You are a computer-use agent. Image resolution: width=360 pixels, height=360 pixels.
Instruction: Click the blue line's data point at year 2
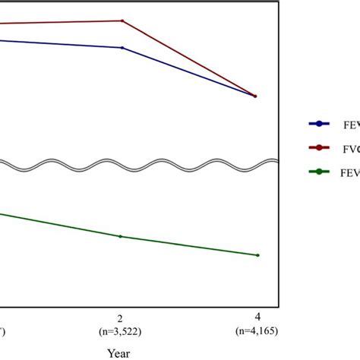point(122,48)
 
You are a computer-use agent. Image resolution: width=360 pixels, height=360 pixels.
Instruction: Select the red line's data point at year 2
point(122,21)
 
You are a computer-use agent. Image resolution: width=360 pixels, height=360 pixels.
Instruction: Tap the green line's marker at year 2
point(121,236)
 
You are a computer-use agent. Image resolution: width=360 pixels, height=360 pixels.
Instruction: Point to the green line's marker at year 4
point(258,255)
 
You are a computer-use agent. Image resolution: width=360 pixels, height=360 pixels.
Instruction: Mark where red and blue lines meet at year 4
point(255,96)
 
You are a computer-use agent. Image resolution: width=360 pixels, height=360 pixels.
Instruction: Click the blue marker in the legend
point(317,123)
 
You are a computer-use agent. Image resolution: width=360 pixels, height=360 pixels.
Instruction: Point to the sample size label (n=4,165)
point(258,331)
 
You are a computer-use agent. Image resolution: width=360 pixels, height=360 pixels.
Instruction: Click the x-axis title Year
point(118,353)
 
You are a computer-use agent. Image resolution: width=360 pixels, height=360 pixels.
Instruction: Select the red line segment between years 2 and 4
point(190,59)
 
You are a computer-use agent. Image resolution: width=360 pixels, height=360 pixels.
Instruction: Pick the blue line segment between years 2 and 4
point(190,73)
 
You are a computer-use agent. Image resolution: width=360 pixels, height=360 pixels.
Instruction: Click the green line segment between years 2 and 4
point(190,246)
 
